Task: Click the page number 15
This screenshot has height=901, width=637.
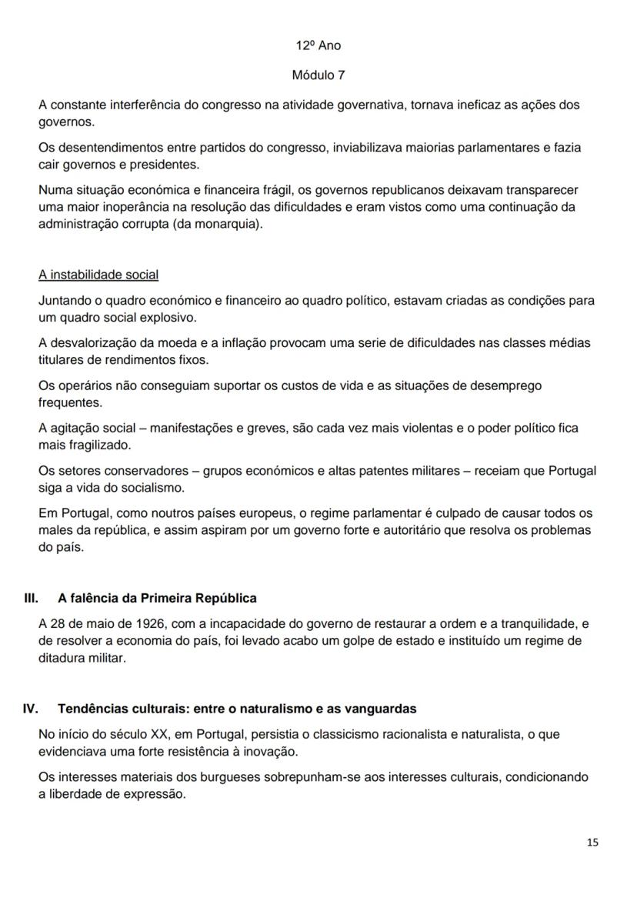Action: click(x=592, y=843)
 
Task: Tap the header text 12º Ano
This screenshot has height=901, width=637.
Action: click(x=318, y=45)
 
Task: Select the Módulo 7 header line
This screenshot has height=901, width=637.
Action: click(x=318, y=75)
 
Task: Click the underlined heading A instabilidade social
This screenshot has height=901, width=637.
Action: click(x=98, y=275)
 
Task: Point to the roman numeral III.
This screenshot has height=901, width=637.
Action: click(x=32, y=598)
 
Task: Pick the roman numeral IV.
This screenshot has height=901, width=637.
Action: click(x=32, y=709)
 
